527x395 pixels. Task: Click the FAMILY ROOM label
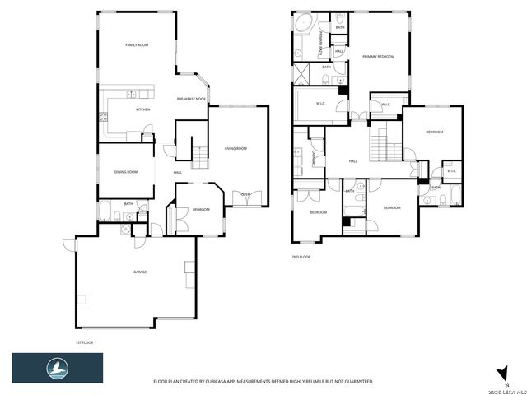[137, 44]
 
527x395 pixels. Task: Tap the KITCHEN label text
[143, 109]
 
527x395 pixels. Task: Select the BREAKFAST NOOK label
[191, 99]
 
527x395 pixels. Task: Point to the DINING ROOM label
[126, 171]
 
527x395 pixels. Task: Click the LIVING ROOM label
[236, 148]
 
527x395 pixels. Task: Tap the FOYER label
[245, 194]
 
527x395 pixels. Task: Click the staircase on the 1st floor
[198, 152]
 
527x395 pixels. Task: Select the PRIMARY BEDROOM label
[379, 57]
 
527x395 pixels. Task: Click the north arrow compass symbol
[497, 373]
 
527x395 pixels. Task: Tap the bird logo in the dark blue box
[57, 366]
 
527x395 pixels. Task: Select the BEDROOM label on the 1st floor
[201, 210]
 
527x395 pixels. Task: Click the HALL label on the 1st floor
[178, 172]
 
